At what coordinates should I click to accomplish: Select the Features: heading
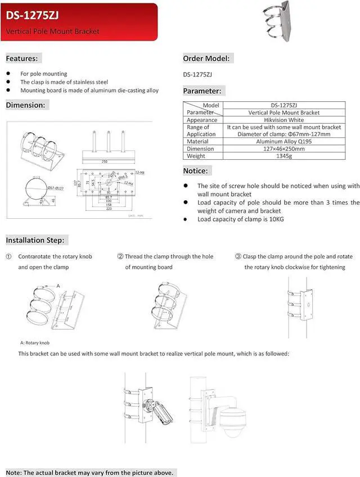(x=22, y=58)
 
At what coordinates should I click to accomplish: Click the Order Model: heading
(x=206, y=58)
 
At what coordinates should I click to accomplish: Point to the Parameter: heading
(x=202, y=91)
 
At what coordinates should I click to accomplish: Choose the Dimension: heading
(x=25, y=105)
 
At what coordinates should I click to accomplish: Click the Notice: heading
(x=196, y=170)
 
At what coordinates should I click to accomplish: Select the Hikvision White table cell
(x=280, y=120)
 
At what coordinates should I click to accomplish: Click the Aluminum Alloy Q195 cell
(x=280, y=142)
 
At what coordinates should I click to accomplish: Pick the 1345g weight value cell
(x=280, y=156)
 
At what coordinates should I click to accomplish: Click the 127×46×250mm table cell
(x=280, y=149)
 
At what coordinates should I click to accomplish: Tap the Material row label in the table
(x=199, y=142)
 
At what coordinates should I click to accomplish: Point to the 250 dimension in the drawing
(x=105, y=161)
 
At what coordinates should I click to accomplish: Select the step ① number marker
(x=8, y=256)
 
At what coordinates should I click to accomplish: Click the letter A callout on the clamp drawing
(x=58, y=286)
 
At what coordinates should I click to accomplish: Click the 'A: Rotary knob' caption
(x=38, y=342)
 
